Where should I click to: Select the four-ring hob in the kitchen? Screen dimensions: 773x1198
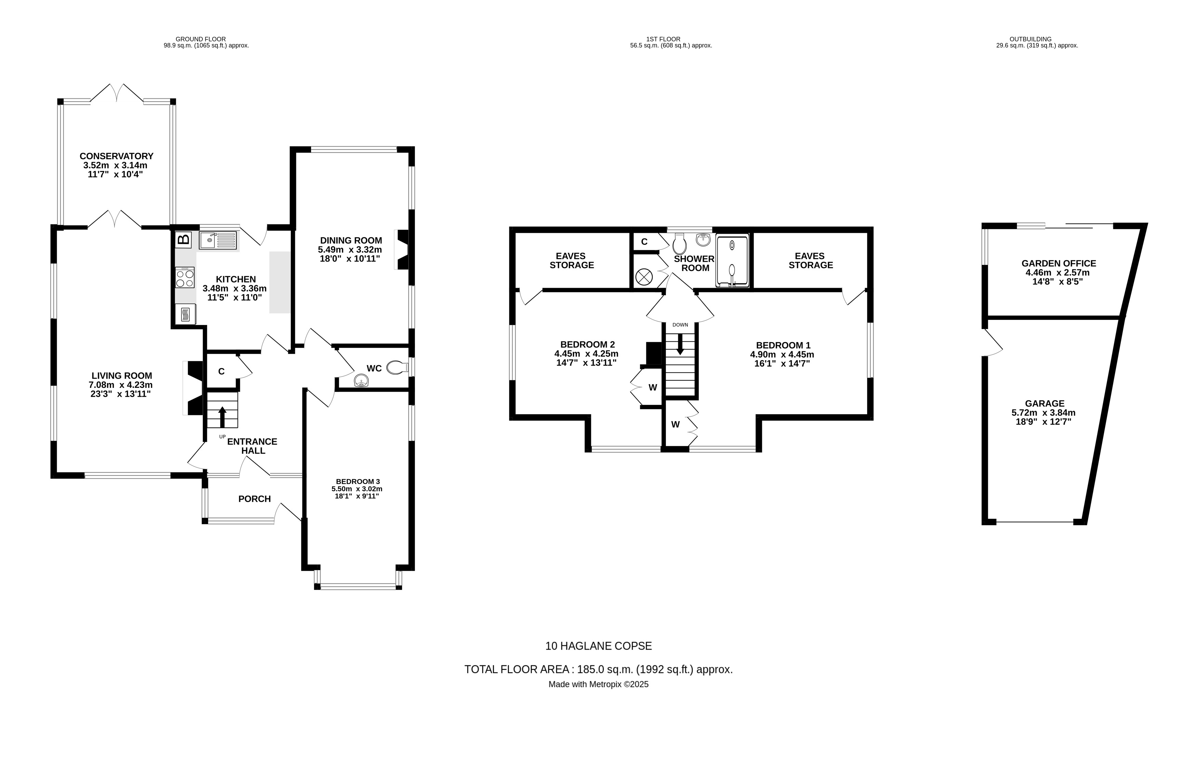tap(185, 277)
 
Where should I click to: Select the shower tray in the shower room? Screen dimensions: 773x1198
tap(732, 261)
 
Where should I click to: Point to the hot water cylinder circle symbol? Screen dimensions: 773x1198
tap(643, 276)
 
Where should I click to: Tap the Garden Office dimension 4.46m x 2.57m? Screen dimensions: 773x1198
tap(1058, 273)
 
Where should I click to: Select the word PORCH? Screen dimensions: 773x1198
tap(254, 499)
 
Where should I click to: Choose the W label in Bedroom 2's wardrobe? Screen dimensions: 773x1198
tap(652, 388)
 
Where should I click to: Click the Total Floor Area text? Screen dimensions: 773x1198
tap(598, 669)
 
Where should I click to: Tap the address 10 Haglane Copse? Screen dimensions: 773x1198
tap(598, 646)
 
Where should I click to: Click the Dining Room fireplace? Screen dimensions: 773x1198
tap(403, 250)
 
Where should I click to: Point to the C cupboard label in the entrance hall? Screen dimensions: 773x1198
tap(221, 371)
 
